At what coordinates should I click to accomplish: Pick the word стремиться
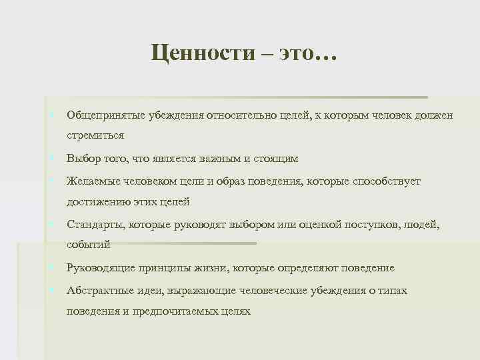pyautogui.click(x=95, y=135)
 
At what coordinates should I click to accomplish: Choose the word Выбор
pyautogui.click(x=82, y=159)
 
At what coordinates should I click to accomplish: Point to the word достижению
pyautogui.click(x=95, y=201)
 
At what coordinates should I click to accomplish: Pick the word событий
pyautogui.click(x=88, y=245)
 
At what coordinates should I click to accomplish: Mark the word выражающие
pyautogui.click(x=193, y=291)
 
